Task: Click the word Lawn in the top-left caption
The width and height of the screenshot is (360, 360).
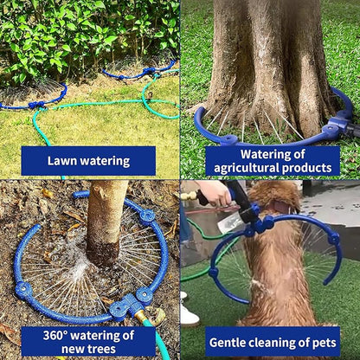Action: [62, 161]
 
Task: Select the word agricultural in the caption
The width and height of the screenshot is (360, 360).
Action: [245, 167]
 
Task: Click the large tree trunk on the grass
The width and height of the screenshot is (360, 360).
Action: [267, 61]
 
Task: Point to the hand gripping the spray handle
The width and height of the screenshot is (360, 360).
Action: [216, 192]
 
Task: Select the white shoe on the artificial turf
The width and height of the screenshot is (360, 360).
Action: [189, 314]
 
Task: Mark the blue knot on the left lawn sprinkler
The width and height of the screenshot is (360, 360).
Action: [36, 105]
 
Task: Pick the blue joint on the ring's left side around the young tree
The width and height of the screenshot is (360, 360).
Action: [23, 289]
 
